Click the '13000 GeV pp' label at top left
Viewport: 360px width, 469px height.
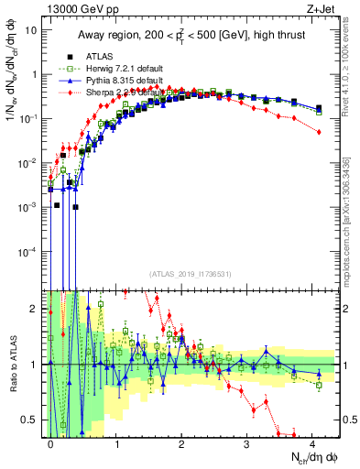click(x=81, y=7)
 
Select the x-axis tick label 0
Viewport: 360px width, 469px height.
click(x=51, y=442)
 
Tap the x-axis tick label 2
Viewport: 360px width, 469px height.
click(x=181, y=442)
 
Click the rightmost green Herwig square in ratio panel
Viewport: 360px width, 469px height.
click(x=318, y=385)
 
